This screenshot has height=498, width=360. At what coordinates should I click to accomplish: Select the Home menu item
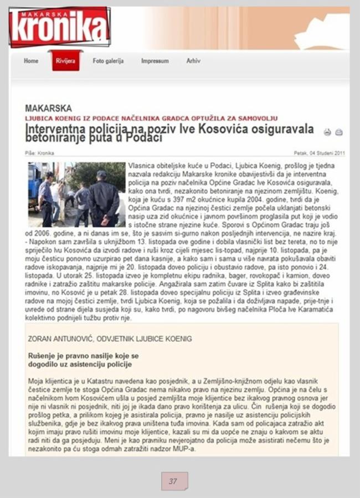coord(31,61)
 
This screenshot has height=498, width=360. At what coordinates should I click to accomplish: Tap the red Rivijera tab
coord(65,61)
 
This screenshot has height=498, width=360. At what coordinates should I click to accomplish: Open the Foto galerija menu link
coord(108,61)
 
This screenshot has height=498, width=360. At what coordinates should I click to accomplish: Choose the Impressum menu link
coord(155,61)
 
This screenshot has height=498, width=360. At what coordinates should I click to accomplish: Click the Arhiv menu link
coord(193,61)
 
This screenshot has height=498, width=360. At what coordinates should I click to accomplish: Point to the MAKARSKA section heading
coord(48,109)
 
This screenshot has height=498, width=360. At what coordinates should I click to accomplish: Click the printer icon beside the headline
coord(327,132)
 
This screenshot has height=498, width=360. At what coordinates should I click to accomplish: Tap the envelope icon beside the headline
coord(339,132)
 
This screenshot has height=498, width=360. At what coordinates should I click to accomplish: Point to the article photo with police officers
coord(76,194)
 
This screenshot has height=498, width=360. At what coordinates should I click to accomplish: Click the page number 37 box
coord(174,481)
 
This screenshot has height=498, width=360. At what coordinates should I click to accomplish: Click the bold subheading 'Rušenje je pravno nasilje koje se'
coord(83,355)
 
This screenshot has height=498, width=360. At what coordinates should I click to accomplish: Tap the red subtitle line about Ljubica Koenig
coord(151,119)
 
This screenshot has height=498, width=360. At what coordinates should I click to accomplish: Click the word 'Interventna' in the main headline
coord(53,129)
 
